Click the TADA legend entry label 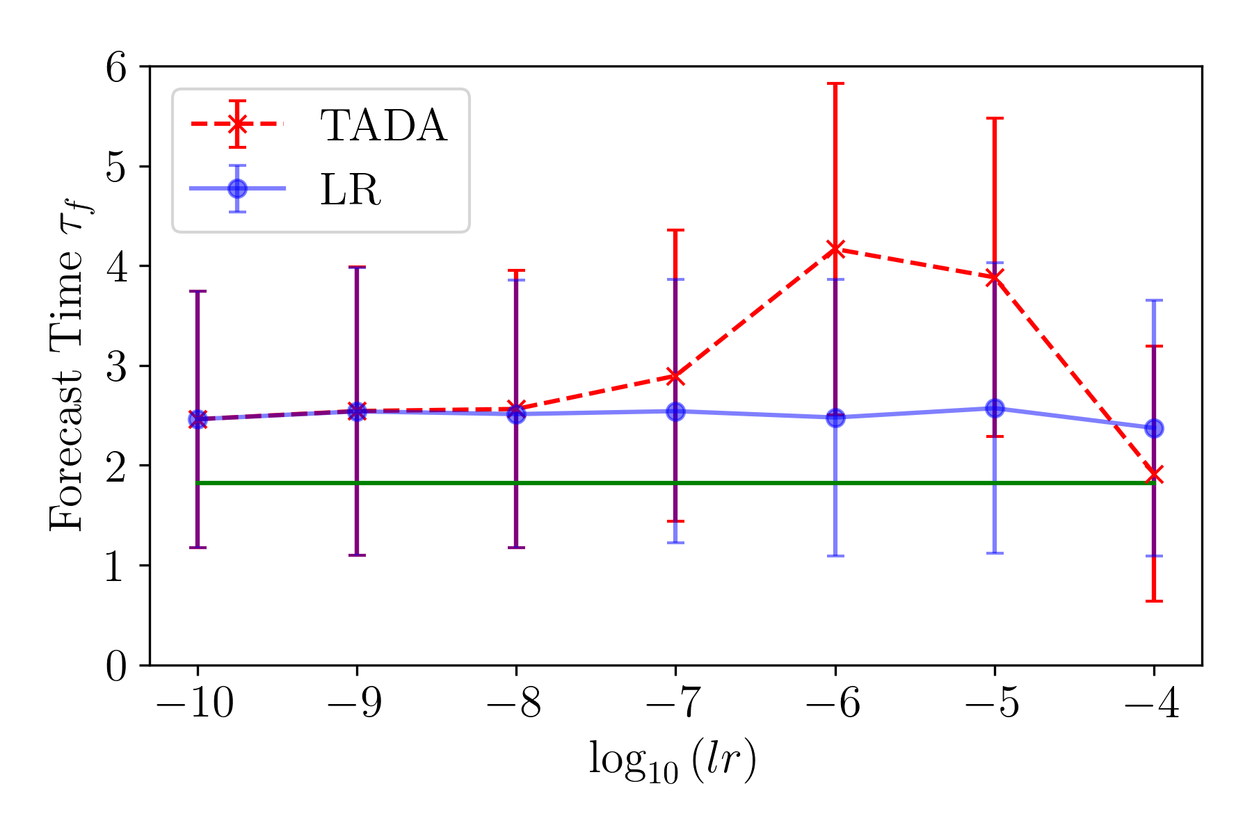[383, 126]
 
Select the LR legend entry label [351, 189]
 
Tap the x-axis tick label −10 [195, 704]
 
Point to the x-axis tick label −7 [675, 704]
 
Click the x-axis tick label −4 [1152, 704]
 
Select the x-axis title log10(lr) [673, 762]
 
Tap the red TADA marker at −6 [835, 249]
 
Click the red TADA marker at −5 [995, 277]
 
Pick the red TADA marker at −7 [675, 377]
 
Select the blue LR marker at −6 [835, 418]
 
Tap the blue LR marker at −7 [675, 411]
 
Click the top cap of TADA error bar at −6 [835, 83]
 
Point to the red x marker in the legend [237, 124]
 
